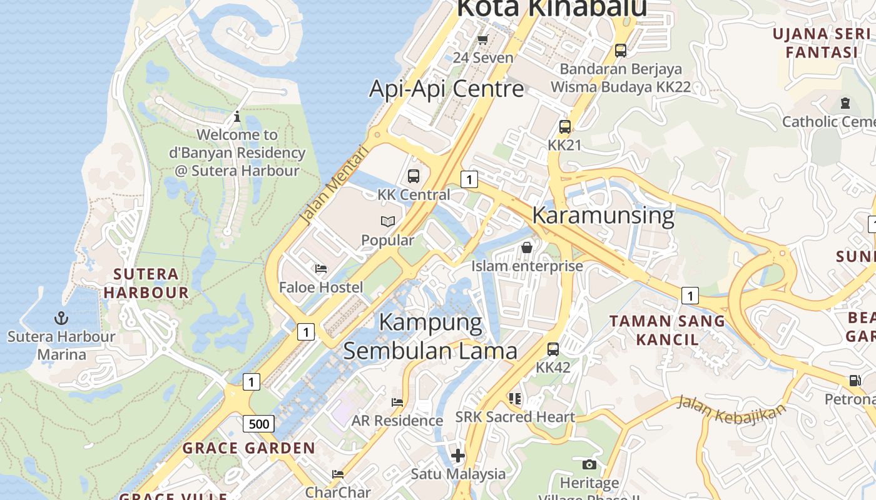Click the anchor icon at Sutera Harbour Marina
tap(61, 318)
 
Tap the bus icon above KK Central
tap(414, 176)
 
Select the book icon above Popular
tap(388, 222)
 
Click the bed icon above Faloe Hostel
tap(321, 269)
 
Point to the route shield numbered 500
tap(258, 424)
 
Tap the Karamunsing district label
tap(603, 215)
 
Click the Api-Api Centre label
tap(446, 89)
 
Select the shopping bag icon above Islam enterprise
tap(527, 247)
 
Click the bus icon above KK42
tap(553, 349)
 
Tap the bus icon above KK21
tap(564, 127)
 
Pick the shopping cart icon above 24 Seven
tap(482, 40)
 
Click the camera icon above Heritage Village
tap(589, 464)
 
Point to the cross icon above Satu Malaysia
tap(458, 456)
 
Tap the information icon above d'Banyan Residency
tap(237, 116)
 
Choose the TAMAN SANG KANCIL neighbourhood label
tap(667, 331)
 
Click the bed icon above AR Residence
tap(397, 402)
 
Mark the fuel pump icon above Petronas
tap(855, 381)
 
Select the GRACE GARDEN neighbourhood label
tap(249, 448)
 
